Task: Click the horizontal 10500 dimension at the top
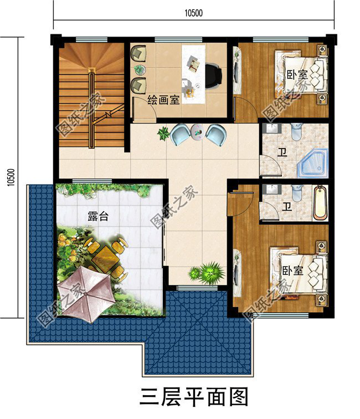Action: click(194, 14)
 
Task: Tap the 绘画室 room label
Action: click(163, 100)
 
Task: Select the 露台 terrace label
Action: click(98, 217)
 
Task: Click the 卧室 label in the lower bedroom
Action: click(292, 270)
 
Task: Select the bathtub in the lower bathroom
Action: click(320, 203)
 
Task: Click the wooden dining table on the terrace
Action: click(105, 256)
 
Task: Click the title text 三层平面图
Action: click(193, 397)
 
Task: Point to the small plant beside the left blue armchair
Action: click(163, 133)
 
